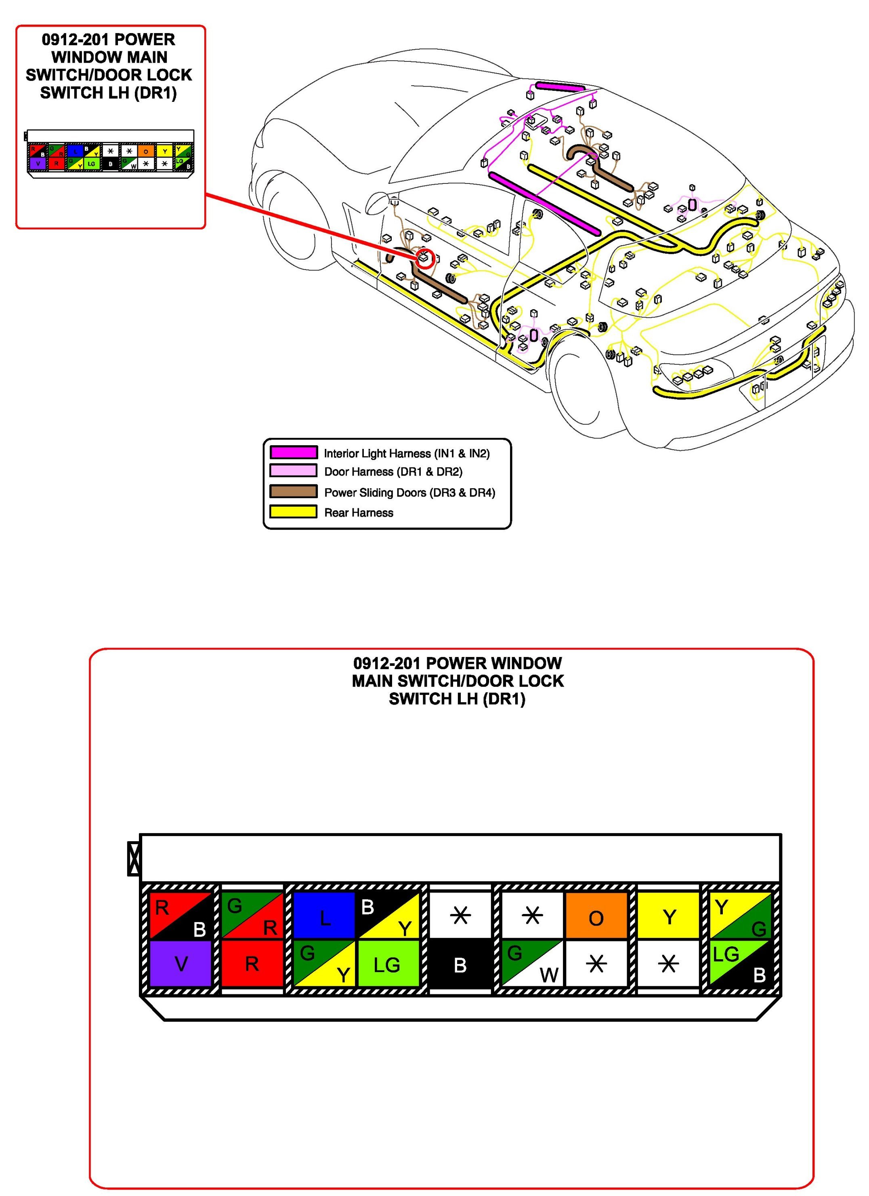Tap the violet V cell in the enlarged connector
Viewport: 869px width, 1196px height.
click(x=181, y=964)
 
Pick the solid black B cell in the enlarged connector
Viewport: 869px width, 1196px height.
click(x=460, y=964)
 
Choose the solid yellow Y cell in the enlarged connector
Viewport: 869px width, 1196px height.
click(x=669, y=916)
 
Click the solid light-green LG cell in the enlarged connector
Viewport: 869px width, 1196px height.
click(x=388, y=964)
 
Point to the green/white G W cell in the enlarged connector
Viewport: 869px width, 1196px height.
click(x=532, y=964)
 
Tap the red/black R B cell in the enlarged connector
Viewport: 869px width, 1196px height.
click(x=181, y=916)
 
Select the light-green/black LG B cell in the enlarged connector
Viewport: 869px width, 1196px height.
click(x=741, y=964)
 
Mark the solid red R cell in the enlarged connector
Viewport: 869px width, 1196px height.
click(x=252, y=964)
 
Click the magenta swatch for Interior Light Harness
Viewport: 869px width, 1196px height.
click(x=294, y=453)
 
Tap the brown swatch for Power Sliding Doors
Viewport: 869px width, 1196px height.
click(x=294, y=491)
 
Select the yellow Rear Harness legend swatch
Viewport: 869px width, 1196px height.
click(x=294, y=512)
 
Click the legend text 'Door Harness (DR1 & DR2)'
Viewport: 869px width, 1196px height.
click(x=393, y=472)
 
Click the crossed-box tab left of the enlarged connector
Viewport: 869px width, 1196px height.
click(x=134, y=859)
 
